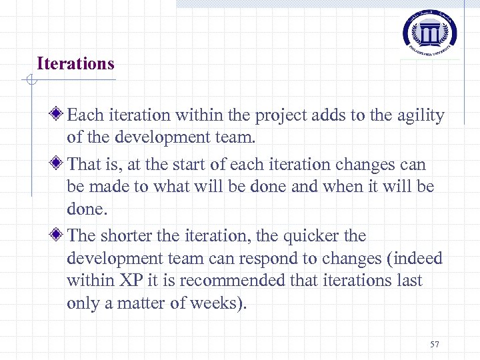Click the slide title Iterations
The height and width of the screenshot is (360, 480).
pyautogui.click(x=75, y=64)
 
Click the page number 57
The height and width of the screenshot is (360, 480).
pyautogui.click(x=435, y=344)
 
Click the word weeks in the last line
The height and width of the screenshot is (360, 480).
pyautogui.click(x=215, y=304)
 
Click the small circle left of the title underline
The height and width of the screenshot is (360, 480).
pyautogui.click(x=31, y=81)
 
